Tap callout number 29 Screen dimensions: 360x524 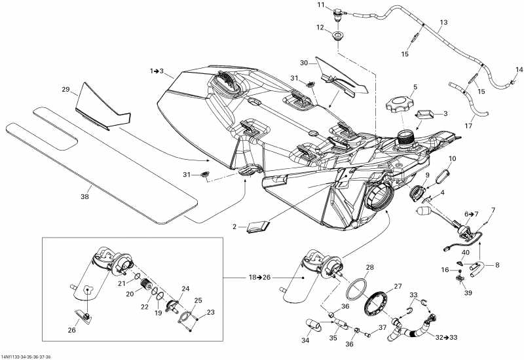65,89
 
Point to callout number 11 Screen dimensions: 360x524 321,5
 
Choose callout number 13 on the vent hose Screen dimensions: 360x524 443,22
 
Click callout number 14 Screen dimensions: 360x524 519,69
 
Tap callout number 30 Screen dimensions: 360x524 304,63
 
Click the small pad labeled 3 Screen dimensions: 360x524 424,115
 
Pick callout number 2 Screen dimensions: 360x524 234,226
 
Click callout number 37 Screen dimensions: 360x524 381,327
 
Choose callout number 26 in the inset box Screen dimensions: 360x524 71,330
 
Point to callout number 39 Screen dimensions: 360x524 467,293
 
